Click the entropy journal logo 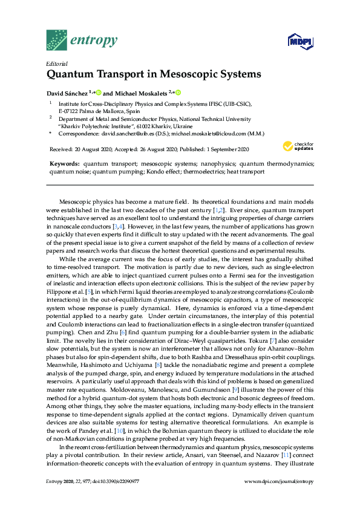(x=81, y=41)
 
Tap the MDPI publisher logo (x=297, y=42)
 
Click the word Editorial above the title (x=56, y=63)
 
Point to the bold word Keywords (x=64, y=164)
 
